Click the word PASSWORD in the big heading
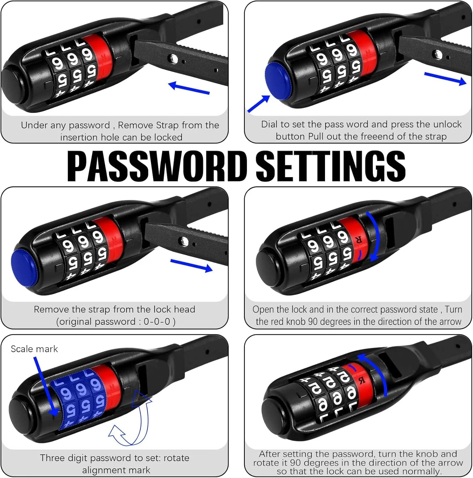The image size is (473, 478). [157, 166]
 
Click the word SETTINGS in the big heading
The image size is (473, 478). [331, 166]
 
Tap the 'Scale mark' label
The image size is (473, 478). [34, 349]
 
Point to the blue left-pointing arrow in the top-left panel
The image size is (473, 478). [189, 88]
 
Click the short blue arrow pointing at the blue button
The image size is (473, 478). [258, 104]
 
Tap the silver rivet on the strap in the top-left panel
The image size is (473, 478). [174, 58]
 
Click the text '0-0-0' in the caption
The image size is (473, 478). [157, 322]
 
